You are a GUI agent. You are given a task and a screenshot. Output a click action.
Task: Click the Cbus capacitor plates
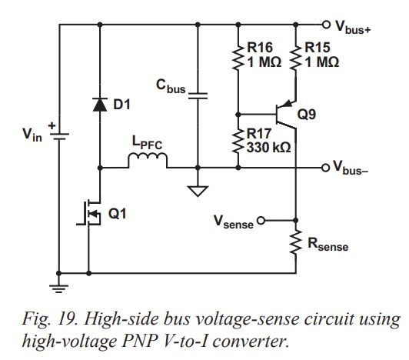point(198,95)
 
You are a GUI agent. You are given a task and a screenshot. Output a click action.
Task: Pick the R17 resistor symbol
point(238,139)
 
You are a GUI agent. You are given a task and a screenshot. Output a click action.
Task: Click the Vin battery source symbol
point(59,135)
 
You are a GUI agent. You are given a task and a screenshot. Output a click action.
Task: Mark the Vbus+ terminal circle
point(325,24)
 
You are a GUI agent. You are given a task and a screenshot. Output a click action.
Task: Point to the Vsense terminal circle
point(261,222)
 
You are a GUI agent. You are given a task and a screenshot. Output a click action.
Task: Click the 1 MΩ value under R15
point(321,63)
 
